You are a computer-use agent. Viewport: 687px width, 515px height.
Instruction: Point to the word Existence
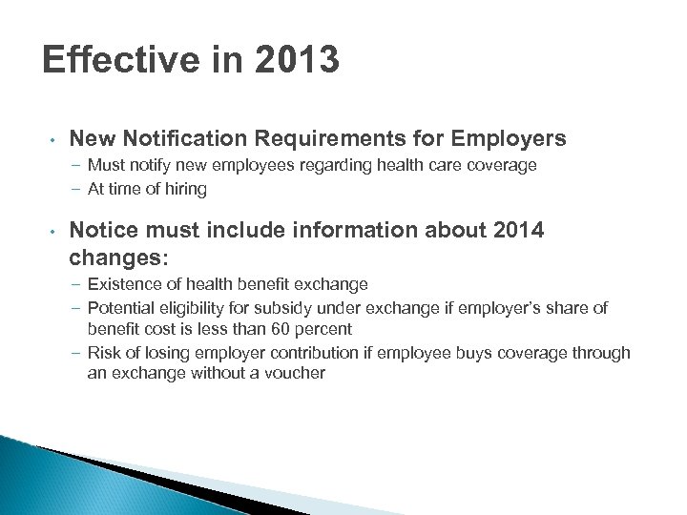point(121,284)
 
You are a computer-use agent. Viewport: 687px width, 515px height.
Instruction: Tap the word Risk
point(103,353)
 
